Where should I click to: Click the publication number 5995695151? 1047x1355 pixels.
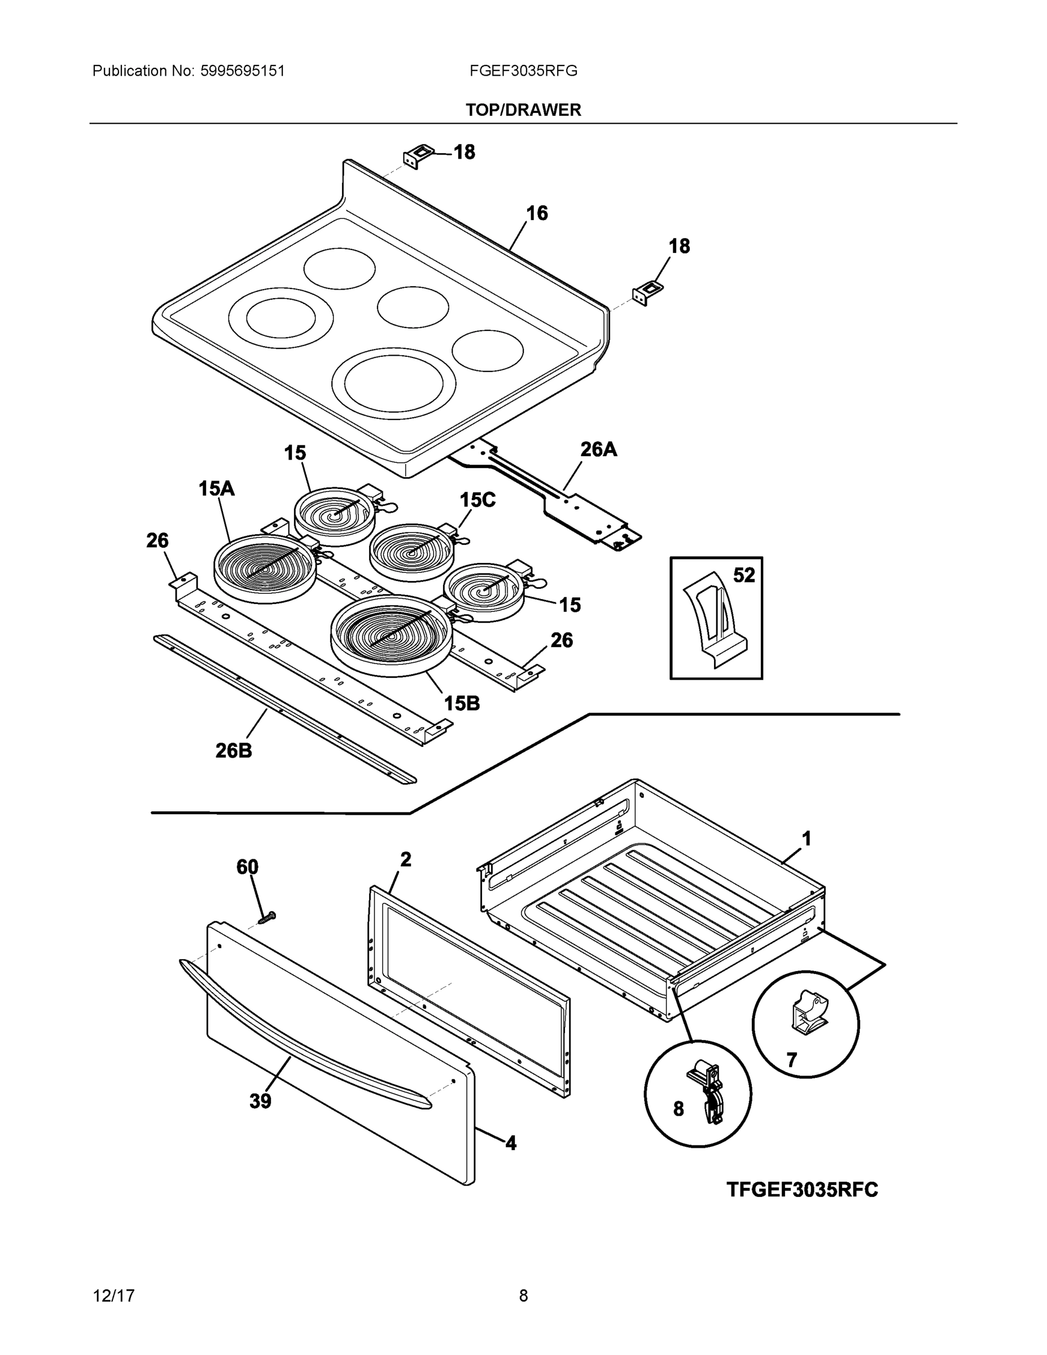click(242, 71)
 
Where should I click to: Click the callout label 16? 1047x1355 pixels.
click(537, 213)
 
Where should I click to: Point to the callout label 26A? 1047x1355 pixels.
click(598, 449)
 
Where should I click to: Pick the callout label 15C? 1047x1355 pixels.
click(477, 500)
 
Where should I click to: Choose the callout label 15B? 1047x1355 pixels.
click(462, 703)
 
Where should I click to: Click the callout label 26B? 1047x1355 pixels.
click(234, 751)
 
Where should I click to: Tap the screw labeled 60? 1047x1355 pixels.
click(268, 917)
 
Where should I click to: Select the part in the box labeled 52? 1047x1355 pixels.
click(715, 620)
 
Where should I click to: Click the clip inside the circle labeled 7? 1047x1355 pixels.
click(808, 1011)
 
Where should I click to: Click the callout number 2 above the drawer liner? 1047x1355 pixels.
click(405, 859)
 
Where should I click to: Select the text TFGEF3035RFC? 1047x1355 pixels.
click(802, 1190)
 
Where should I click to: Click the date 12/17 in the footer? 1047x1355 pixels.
click(113, 1296)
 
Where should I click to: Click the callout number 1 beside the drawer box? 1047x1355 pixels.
click(807, 839)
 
